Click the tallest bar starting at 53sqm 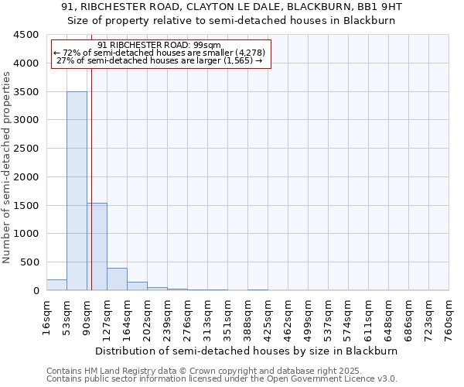77,190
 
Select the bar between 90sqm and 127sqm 97,246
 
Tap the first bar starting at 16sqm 56,285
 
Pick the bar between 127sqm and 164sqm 117,279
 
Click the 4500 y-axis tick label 25,35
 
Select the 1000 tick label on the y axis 25,234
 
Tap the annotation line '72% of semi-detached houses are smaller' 160,53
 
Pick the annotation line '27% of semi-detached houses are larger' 160,61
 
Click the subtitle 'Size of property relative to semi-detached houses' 231,21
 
